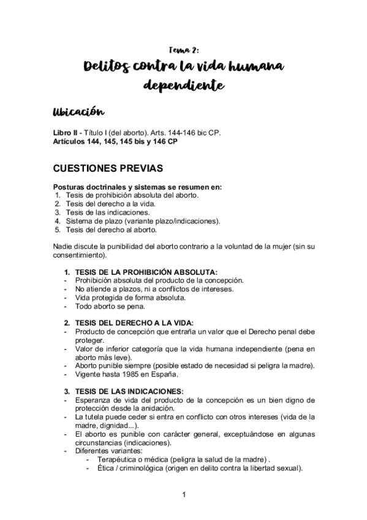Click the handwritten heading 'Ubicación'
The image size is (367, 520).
tap(78, 113)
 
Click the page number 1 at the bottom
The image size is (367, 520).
tap(183, 494)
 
